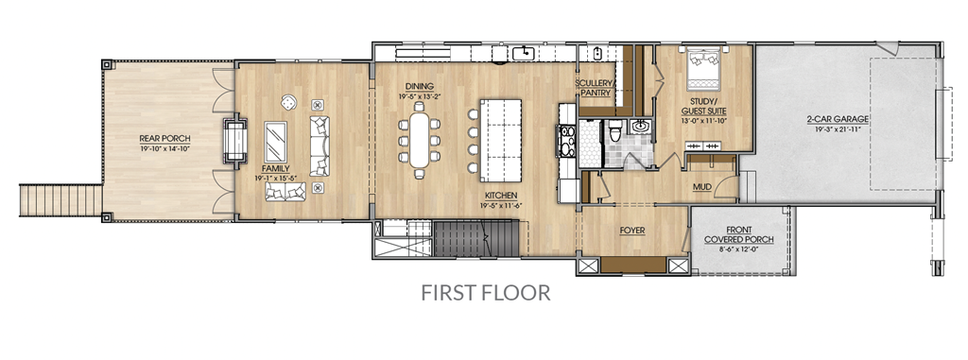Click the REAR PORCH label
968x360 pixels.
point(164,139)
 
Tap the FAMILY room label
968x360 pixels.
point(275,168)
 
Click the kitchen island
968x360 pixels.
point(501,140)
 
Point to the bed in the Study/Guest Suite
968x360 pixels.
point(703,67)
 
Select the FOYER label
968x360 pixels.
point(632,231)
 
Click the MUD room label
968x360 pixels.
point(702,186)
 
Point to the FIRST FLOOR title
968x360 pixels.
point(485,292)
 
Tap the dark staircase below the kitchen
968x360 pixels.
point(476,238)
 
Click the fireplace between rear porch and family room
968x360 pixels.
point(234,140)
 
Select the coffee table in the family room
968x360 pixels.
point(275,142)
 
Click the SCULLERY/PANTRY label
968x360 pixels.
point(595,88)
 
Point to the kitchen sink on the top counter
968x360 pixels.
point(524,53)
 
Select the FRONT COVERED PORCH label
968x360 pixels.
point(738,234)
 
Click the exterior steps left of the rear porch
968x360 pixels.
point(60,200)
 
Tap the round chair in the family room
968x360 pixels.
point(288,103)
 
